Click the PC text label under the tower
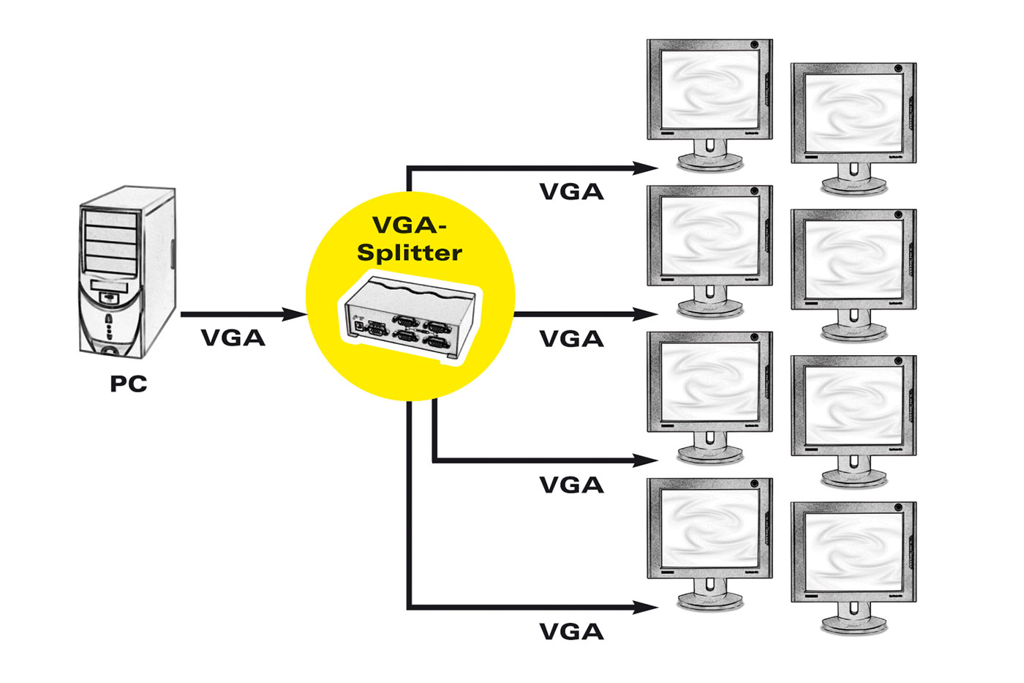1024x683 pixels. (129, 384)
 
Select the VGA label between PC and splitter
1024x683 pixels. (233, 338)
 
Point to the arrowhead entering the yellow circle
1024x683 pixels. (295, 315)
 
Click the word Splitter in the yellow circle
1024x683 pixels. (410, 253)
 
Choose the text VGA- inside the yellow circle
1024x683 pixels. (410, 225)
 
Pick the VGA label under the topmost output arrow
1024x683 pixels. (571, 192)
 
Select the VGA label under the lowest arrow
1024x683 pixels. (571, 632)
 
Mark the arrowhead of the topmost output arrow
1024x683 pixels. (647, 168)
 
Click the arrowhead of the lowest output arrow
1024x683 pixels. (647, 608)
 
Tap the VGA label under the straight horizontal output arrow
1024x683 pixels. (571, 339)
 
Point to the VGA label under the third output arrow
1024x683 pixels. (571, 485)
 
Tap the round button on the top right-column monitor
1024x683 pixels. (898, 69)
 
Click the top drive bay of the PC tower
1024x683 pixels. (110, 220)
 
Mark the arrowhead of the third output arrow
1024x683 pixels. (647, 460)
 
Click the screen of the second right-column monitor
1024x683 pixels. (854, 259)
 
